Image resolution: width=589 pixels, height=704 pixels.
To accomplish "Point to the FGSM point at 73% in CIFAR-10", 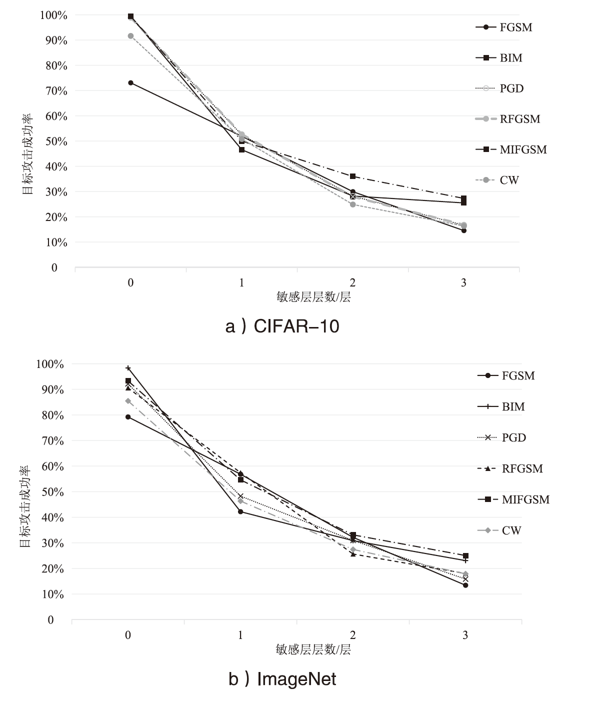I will coord(131,82).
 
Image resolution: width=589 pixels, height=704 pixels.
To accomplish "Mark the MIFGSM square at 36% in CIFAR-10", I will coord(353,176).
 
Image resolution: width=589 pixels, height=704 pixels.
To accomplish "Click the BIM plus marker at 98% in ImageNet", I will coord(128,368).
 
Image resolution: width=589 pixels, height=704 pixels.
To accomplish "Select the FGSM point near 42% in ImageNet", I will coord(240,511).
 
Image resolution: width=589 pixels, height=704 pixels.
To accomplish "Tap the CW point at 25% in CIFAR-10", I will coord(353,204).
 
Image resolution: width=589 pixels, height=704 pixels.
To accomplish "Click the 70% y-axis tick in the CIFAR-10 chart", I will coord(53,91).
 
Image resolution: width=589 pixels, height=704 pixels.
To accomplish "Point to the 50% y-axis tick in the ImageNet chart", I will coord(50,492).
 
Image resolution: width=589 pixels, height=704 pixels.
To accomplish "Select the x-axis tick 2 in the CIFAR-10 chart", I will coord(353,283).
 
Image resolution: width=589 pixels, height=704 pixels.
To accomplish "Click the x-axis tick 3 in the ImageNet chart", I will coord(465,635).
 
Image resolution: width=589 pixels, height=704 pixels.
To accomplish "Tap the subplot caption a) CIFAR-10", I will coord(282,326).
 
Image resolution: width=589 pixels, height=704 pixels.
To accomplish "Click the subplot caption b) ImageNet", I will coord(282,679).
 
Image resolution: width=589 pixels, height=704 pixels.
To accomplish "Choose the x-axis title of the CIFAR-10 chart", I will coord(313,297).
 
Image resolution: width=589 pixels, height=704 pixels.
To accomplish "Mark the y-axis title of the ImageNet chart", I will coord(25,506).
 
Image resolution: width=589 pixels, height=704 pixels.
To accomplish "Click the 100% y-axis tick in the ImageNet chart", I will coord(50,364).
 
